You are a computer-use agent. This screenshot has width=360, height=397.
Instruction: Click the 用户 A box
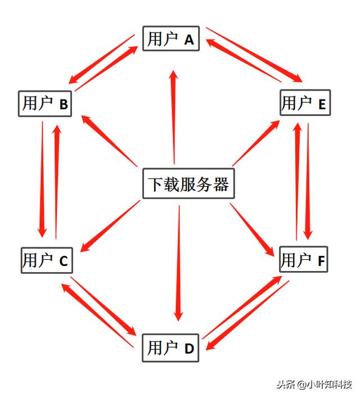(x=171, y=38)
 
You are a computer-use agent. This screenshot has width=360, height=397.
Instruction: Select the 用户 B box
(x=45, y=103)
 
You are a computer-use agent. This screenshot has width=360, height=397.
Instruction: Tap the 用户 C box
(x=47, y=260)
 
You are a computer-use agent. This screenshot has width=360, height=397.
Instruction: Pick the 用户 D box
(x=170, y=348)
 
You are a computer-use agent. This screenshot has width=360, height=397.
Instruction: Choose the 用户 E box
(x=305, y=102)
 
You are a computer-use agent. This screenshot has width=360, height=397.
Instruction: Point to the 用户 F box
(x=304, y=259)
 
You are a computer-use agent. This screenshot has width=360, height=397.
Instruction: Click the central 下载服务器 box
(x=189, y=183)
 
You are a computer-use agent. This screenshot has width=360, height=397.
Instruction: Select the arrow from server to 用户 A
(x=174, y=117)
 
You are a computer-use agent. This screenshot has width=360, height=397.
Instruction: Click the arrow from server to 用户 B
(x=109, y=141)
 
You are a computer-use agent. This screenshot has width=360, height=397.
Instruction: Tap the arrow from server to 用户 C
(x=110, y=226)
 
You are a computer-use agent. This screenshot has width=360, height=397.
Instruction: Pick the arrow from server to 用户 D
(x=179, y=263)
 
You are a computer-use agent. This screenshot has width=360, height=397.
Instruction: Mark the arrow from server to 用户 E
(x=256, y=143)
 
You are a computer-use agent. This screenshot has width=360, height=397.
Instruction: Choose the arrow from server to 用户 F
(x=253, y=230)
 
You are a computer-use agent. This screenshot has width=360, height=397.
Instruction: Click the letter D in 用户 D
(x=189, y=349)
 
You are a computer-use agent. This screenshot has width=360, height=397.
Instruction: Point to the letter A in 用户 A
(x=189, y=40)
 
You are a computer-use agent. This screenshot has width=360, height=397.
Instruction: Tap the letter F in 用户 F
(x=321, y=261)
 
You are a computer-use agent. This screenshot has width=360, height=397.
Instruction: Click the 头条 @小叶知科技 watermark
(x=314, y=384)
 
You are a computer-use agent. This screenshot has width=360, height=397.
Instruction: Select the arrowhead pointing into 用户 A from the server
(x=174, y=76)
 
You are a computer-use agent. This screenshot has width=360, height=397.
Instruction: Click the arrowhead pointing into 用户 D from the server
(x=179, y=316)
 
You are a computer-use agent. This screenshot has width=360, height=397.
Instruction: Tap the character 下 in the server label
(x=156, y=184)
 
